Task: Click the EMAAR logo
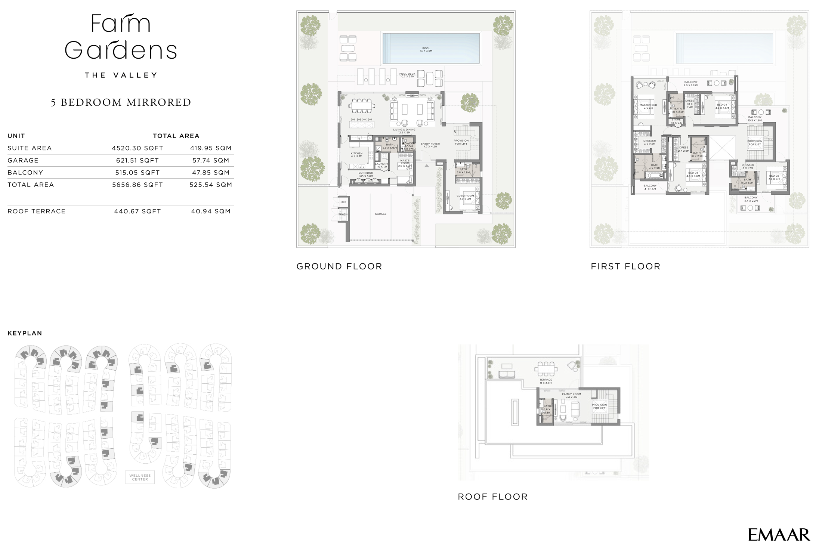779,535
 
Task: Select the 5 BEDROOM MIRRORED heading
121,102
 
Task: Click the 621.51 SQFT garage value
137,160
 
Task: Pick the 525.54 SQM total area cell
211,185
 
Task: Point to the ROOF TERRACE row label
37,211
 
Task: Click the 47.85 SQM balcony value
211,173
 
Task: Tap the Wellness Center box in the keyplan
140,477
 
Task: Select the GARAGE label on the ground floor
380,214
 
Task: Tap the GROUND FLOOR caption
339,266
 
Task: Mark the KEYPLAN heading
25,333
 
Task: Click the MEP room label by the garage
343,202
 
